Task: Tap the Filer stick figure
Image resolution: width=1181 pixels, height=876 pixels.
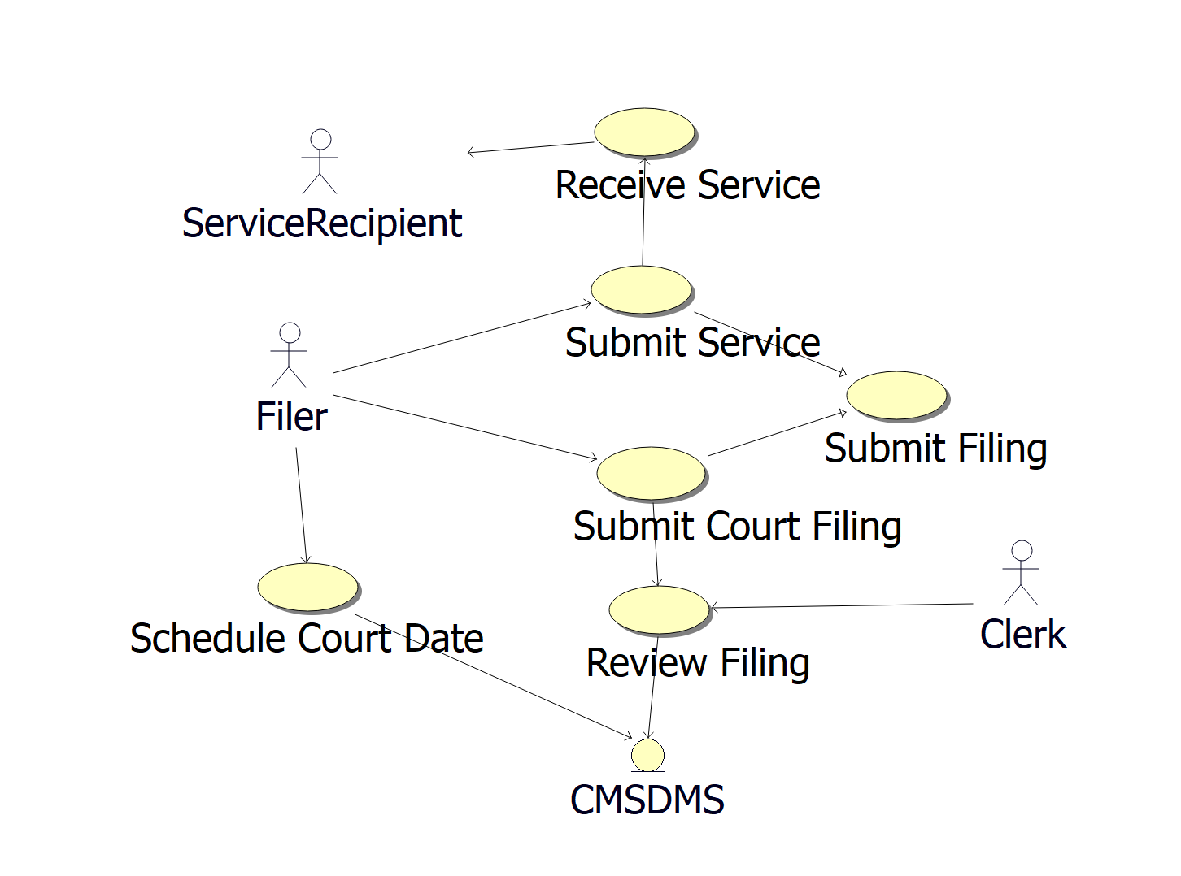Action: tap(290, 355)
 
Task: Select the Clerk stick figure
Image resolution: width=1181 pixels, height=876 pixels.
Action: tap(1022, 573)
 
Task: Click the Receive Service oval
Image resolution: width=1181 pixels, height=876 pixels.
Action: tap(644, 132)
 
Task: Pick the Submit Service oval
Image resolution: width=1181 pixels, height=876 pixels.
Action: tap(641, 289)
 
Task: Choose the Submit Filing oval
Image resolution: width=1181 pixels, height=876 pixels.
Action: tap(896, 396)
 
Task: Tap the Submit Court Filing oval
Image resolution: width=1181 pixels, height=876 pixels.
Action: tap(651, 473)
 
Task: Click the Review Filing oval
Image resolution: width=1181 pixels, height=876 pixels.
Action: tap(659, 609)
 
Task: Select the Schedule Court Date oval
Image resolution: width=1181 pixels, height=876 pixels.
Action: tap(307, 587)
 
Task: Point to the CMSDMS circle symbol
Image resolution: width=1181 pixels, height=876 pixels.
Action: tap(647, 756)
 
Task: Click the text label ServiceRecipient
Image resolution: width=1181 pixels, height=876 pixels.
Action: tap(322, 223)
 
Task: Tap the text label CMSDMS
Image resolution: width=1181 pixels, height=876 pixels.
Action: tap(647, 800)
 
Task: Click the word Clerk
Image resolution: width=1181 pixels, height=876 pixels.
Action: tap(1022, 635)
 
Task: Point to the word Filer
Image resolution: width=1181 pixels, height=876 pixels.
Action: tap(291, 417)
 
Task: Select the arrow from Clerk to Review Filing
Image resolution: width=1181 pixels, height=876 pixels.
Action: tap(842, 606)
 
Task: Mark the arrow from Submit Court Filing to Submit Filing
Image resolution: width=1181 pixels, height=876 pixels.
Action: tap(778, 434)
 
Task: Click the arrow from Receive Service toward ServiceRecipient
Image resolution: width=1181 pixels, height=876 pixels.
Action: tap(530, 147)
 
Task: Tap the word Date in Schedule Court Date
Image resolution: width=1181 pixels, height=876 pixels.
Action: tap(444, 639)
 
